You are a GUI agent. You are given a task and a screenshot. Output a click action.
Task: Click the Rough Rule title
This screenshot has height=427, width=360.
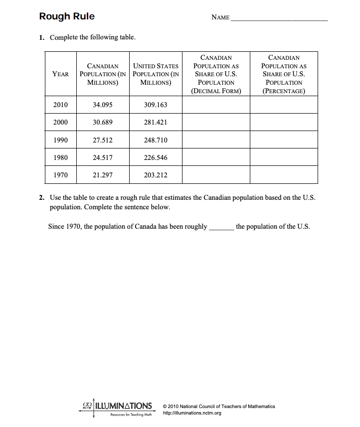point(67,16)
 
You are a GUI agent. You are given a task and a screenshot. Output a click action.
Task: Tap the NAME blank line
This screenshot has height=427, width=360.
point(279,19)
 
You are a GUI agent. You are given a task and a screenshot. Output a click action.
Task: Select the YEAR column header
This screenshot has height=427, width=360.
point(60,74)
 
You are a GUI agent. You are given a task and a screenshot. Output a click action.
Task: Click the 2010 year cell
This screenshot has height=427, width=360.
point(60,105)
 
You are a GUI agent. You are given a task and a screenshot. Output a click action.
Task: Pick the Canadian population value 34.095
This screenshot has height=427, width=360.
point(103,105)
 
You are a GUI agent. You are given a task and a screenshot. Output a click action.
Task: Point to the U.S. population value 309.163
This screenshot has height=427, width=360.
point(156,105)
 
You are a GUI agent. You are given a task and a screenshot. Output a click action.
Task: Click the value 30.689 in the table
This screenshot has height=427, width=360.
point(103,123)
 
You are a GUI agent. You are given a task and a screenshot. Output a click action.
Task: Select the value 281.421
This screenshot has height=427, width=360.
point(156,123)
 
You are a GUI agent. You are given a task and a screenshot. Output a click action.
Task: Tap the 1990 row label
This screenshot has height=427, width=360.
point(60,141)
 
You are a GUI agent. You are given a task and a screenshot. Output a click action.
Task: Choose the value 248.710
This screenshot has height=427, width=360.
point(156,141)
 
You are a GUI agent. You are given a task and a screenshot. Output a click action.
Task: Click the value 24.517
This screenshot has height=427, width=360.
point(103,158)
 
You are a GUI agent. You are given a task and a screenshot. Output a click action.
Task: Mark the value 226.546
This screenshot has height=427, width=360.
point(156,158)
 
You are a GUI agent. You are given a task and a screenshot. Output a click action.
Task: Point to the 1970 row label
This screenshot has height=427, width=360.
point(60,175)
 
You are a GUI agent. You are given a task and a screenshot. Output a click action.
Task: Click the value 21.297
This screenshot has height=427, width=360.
point(103,175)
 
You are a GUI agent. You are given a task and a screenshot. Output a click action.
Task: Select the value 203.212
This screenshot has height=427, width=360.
point(156,175)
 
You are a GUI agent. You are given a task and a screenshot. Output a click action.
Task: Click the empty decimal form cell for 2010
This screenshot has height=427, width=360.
point(216,105)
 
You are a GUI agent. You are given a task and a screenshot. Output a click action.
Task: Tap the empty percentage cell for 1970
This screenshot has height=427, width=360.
point(284,175)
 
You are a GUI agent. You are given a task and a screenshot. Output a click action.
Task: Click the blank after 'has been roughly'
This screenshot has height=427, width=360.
point(221,227)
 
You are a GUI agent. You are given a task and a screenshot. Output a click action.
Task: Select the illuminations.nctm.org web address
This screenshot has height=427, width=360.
point(192,413)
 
